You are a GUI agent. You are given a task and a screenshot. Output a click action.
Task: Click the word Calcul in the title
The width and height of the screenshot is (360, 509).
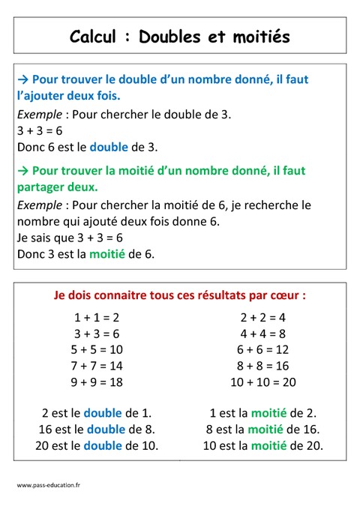pos(93,37)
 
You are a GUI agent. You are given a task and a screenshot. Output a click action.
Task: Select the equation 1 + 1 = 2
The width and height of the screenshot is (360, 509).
pos(97,317)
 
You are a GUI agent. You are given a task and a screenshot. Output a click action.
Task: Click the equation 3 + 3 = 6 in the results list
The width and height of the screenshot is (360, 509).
pos(97,334)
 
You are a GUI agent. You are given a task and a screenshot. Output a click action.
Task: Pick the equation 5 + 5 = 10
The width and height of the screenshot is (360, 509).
pos(97,349)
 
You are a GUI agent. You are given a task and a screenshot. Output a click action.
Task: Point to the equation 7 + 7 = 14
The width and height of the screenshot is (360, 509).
pos(97,366)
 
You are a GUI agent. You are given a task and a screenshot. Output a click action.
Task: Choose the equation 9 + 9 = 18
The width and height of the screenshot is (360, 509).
pos(97,382)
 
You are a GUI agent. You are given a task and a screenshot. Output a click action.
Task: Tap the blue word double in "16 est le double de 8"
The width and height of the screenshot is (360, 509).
pos(107,430)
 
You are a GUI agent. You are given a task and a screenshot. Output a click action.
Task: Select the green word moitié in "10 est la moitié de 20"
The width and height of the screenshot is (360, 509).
pos(269,445)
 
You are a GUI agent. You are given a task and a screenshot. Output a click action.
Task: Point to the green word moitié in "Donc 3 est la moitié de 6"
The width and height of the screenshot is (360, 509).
pos(107,254)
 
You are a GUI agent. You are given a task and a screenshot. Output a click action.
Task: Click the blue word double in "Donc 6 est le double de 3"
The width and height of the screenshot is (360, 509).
pos(109,147)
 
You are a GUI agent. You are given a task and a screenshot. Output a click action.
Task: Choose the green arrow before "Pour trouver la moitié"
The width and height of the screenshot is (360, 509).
pos(22,171)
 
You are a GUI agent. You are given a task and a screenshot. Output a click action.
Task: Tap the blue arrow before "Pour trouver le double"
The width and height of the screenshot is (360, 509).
pos(22,79)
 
